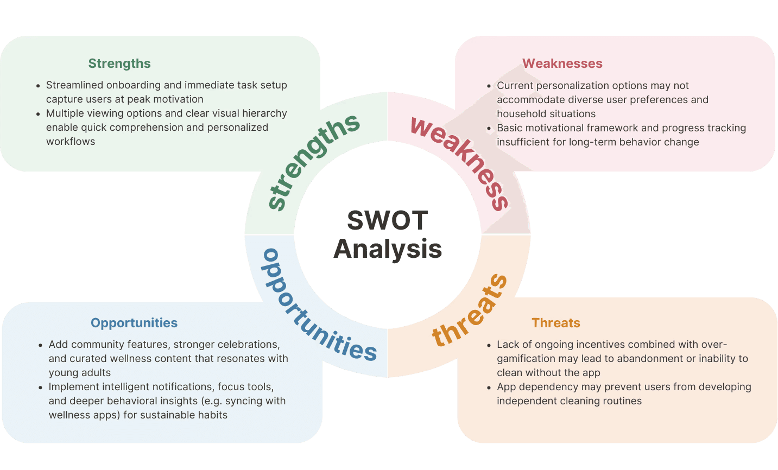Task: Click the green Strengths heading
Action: [x=119, y=63]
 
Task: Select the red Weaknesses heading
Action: [x=562, y=63]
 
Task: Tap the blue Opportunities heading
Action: [x=134, y=323]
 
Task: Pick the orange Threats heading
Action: [x=556, y=323]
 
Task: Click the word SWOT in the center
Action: [x=388, y=220]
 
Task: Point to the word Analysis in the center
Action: [x=388, y=249]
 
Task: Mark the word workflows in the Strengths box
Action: [x=71, y=142]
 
